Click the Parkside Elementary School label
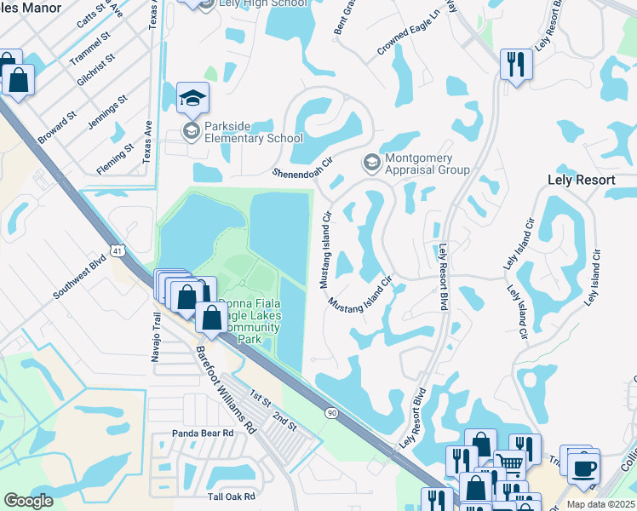(253, 131)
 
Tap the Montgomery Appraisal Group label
(427, 164)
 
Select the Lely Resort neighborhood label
(580, 181)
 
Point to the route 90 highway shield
(331, 412)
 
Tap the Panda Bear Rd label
(203, 433)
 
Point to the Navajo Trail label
(157, 337)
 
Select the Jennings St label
(107, 112)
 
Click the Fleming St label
(116, 158)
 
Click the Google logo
(28, 501)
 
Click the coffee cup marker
(583, 468)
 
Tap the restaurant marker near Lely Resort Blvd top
(516, 64)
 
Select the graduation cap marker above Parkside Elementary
(192, 99)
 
